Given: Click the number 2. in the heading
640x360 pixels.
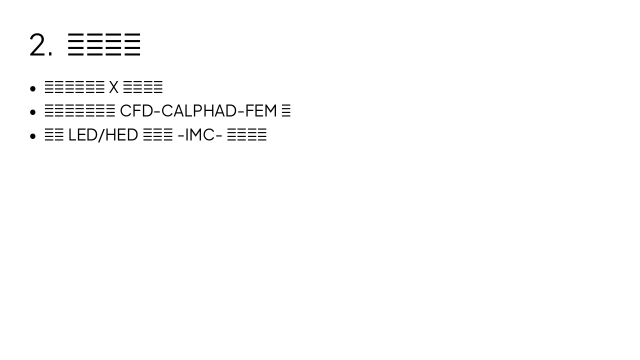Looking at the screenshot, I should [x=40, y=45].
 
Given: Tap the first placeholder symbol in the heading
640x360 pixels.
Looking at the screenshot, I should [x=76, y=44].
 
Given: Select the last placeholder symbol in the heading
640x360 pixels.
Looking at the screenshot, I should [x=132, y=44].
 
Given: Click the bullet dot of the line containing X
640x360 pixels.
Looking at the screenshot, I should [x=33, y=89].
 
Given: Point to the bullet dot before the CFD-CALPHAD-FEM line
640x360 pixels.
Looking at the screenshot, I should [x=33, y=112].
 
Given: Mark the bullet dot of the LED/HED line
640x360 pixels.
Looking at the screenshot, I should [x=33, y=136].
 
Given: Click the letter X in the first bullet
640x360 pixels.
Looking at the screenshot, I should [x=114, y=87].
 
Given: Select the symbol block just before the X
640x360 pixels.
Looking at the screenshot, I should [x=74, y=87].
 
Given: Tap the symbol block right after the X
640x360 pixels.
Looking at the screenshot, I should [x=142, y=87].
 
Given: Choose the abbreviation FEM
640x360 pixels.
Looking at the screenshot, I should [x=260, y=111].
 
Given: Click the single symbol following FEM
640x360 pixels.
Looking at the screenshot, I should [x=286, y=111].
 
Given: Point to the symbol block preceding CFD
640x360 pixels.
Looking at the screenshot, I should [x=79, y=111].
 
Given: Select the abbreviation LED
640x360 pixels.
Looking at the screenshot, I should [x=81, y=135].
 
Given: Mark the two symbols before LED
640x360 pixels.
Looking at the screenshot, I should [x=54, y=135].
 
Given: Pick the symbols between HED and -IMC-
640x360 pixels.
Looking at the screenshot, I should [x=157, y=135].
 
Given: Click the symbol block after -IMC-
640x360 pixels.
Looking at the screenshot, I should [x=246, y=135].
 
